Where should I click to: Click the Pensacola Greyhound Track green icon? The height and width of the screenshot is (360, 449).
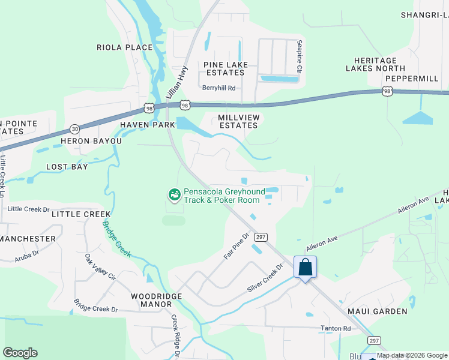click(174, 194)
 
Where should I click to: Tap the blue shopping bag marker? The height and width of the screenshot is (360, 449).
click(305, 267)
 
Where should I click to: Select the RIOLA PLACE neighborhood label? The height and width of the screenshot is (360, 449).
click(125, 47)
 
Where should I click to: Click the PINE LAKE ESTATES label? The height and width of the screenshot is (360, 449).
click(224, 68)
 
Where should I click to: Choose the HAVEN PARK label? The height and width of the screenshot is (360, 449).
click(147, 125)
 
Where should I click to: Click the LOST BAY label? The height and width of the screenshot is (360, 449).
click(67, 167)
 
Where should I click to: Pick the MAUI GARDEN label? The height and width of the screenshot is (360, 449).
click(377, 311)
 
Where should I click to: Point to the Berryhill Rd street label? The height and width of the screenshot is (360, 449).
click(218, 88)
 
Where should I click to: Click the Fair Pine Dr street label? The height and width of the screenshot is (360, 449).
click(236, 247)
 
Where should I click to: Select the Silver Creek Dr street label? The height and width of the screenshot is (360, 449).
click(265, 278)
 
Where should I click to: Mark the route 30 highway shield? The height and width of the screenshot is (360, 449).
click(74, 128)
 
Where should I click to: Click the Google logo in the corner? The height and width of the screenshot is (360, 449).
click(20, 353)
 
